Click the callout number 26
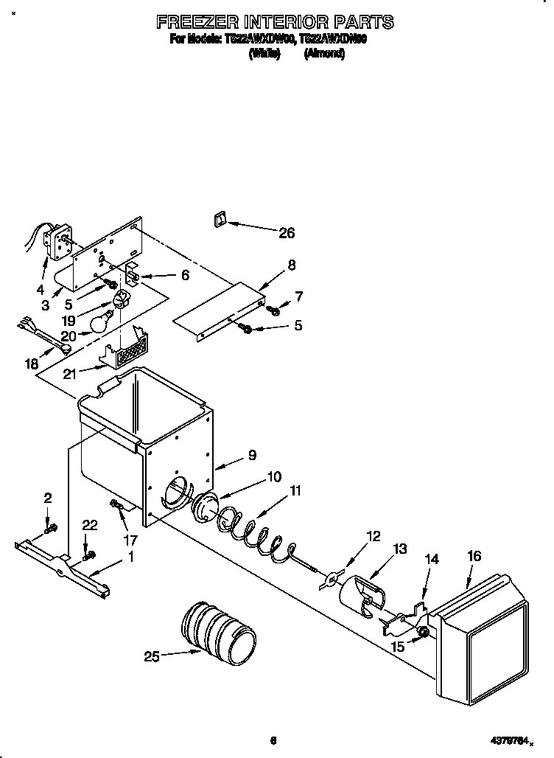pos(286,233)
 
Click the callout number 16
pos(474,555)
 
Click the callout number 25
pos(152,656)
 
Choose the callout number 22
pos(89,524)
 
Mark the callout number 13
pos(400,548)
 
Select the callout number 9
pos(252,455)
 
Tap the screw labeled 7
pos(274,310)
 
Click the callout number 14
pos(431,560)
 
